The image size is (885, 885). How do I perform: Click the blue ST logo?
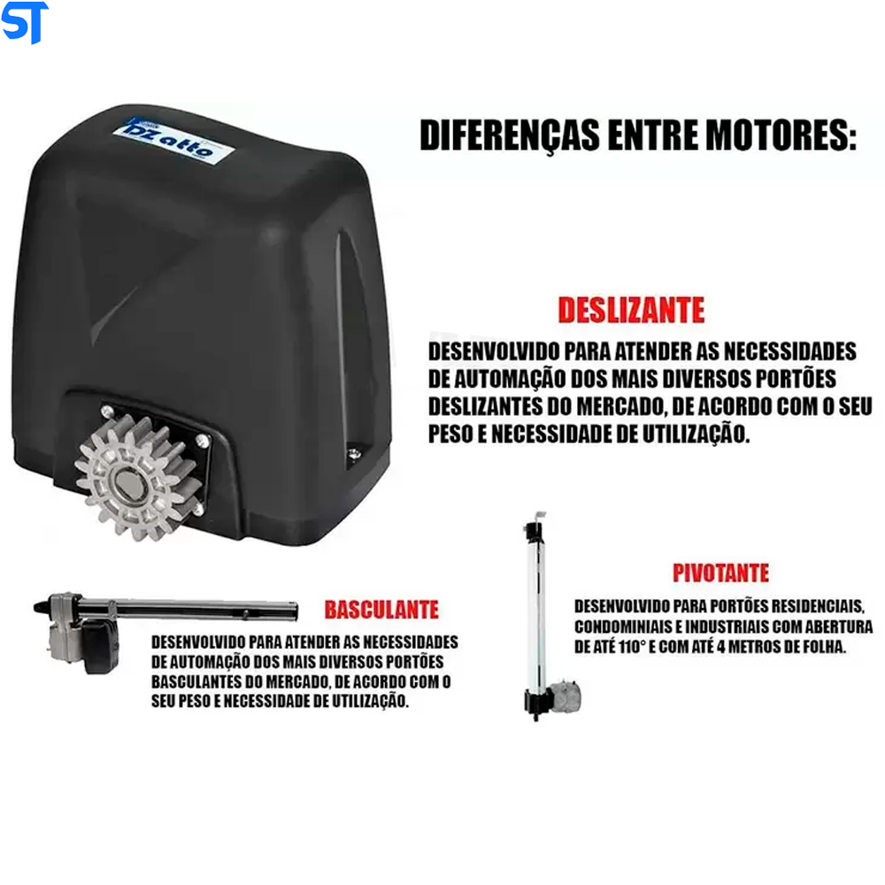pos(24,22)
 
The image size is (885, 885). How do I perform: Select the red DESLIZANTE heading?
pos(631,311)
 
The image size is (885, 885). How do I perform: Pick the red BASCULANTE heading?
pos(381,610)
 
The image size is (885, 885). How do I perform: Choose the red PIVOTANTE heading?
pos(720,573)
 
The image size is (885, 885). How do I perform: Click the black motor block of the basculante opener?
pos(100,647)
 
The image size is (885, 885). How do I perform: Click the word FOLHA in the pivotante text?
pos(820,647)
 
